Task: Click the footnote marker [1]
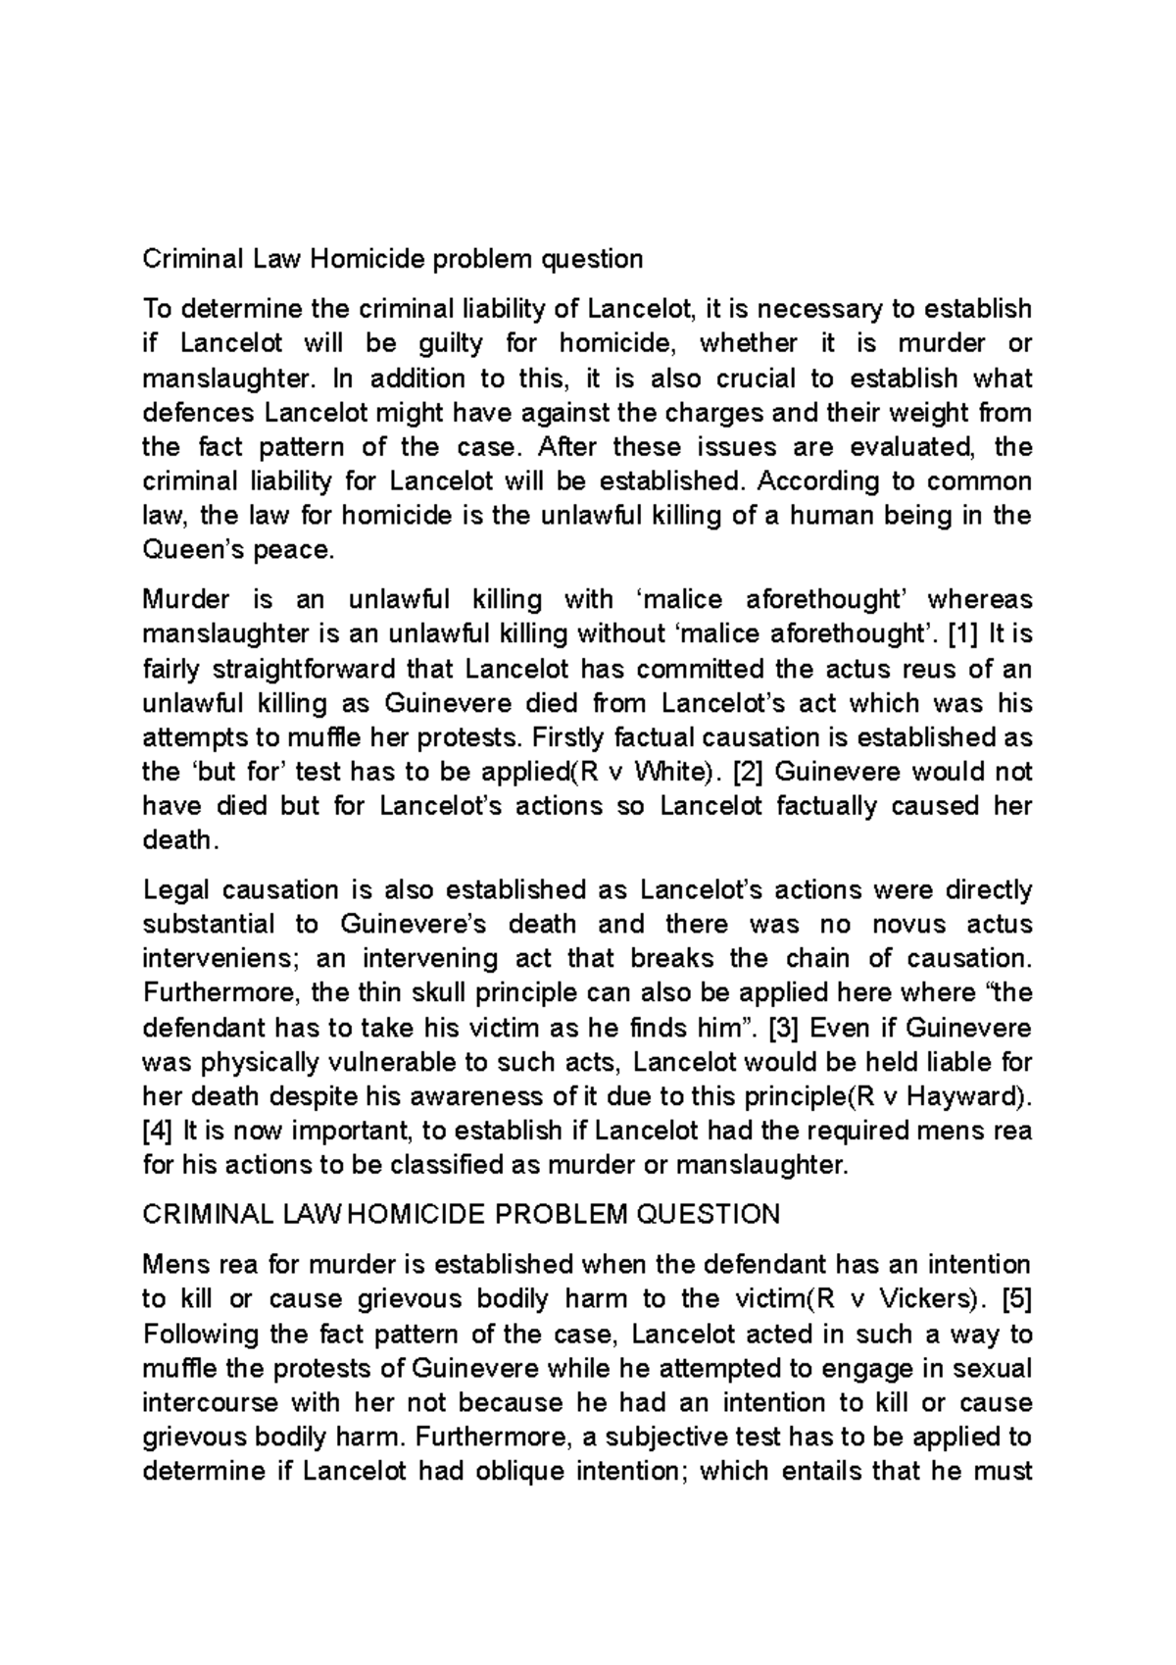click(x=961, y=634)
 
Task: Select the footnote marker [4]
click(x=158, y=1132)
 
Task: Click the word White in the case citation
click(x=669, y=772)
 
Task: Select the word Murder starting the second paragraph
click(x=186, y=599)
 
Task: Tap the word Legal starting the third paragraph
click(x=176, y=890)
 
